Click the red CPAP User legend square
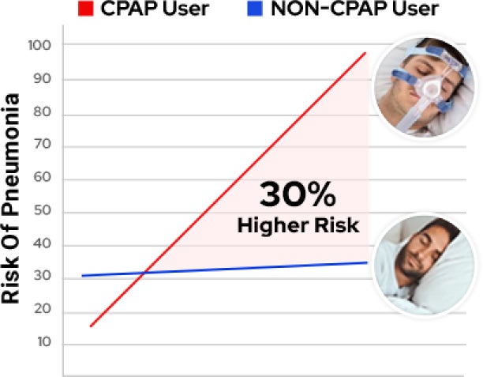tap(86, 9)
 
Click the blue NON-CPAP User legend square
tap(255, 9)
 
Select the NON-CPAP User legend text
tap(354, 9)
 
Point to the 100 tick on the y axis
tap(39, 45)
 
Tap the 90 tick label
tap(42, 79)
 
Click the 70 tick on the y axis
tap(42, 144)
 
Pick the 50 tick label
tap(42, 210)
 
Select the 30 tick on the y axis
tap(42, 276)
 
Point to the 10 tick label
tap(44, 342)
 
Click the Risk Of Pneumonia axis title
tap(10, 198)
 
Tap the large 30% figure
tap(298, 195)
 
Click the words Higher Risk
tap(298, 226)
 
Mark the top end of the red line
tap(365, 53)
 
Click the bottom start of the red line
tap(91, 326)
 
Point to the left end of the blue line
tap(82, 276)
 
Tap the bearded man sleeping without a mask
tap(425, 265)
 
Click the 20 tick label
tap(42, 308)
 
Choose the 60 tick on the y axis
tap(42, 177)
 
